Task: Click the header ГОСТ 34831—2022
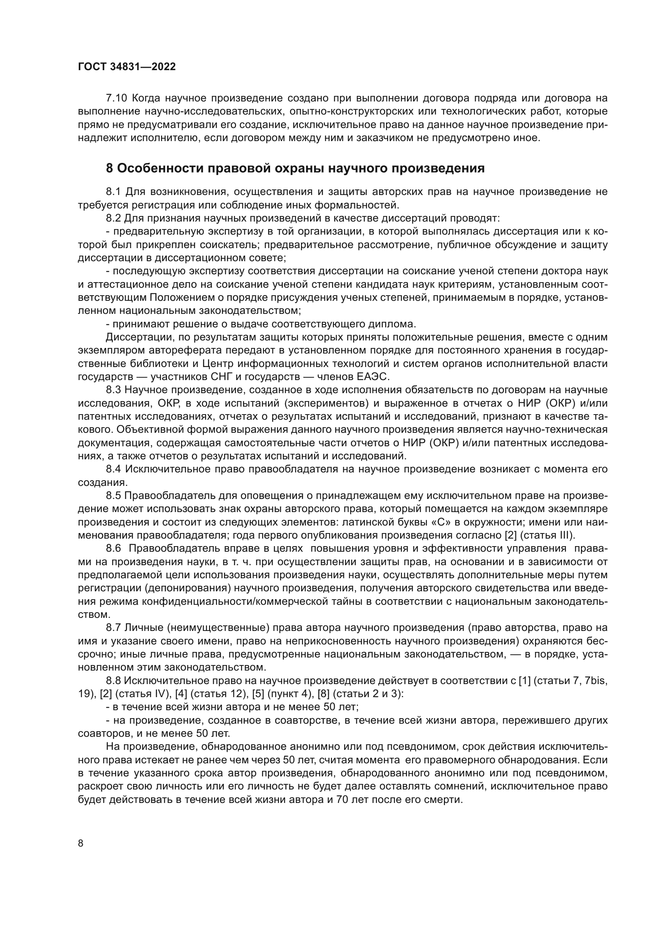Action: (x=127, y=67)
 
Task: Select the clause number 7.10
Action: (x=116, y=98)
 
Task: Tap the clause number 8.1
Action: (x=113, y=192)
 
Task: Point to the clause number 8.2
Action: (x=113, y=218)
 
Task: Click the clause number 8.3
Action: (x=113, y=390)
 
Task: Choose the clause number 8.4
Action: (x=113, y=469)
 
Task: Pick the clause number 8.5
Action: (x=113, y=496)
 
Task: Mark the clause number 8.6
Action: (x=113, y=548)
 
